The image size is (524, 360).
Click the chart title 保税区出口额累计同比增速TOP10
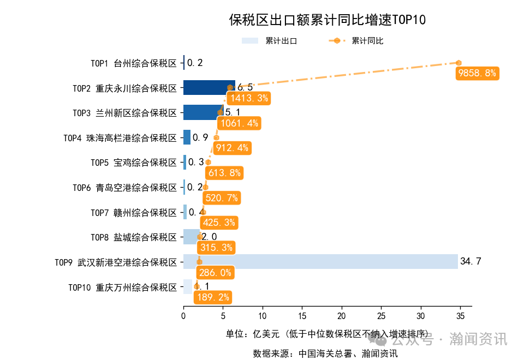pos(327,20)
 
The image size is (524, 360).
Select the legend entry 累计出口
pos(270,41)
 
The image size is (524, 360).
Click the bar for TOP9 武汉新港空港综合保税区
pos(320,261)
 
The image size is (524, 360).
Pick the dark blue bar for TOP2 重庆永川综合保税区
pos(209,87)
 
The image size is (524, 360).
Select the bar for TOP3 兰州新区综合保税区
pos(203,112)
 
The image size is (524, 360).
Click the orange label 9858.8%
pos(477,73)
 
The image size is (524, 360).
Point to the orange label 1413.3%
pos(249,98)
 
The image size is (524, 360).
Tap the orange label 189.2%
pos(212,297)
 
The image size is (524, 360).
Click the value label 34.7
pos(471,261)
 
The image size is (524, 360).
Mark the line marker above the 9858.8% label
pos(459,63)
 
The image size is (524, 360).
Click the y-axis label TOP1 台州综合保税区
pos(134,63)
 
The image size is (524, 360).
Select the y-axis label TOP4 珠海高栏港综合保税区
pos(121,138)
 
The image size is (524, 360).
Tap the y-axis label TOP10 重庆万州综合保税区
pos(123,287)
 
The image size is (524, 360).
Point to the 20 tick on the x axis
pos(341,315)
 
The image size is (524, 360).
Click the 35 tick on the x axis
pos(460,315)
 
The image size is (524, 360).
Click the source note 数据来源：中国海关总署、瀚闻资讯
pos(325,353)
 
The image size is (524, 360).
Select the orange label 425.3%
pos(218,223)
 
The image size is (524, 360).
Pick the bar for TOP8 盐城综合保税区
pos(192,237)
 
